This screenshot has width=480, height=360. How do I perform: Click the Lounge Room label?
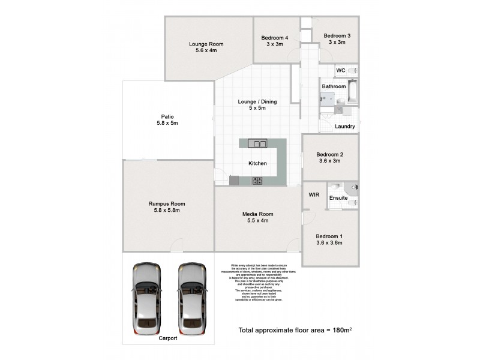click(x=206, y=44)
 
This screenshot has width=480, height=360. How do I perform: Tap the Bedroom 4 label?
click(x=275, y=38)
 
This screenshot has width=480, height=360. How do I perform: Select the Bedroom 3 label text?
click(x=337, y=36)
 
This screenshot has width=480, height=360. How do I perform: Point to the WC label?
click(x=340, y=71)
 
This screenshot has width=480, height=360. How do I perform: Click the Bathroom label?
click(x=334, y=86)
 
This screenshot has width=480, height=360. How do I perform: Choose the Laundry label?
click(x=344, y=127)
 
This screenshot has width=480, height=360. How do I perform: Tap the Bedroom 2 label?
click(x=329, y=154)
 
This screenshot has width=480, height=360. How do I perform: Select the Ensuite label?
click(x=339, y=196)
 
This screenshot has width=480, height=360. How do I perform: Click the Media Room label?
click(x=257, y=214)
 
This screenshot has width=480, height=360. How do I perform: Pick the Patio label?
click(x=167, y=117)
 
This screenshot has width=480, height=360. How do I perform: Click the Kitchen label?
click(x=258, y=163)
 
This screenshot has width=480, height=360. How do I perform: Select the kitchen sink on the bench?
click(x=260, y=143)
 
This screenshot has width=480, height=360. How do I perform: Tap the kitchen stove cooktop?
click(x=257, y=180)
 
